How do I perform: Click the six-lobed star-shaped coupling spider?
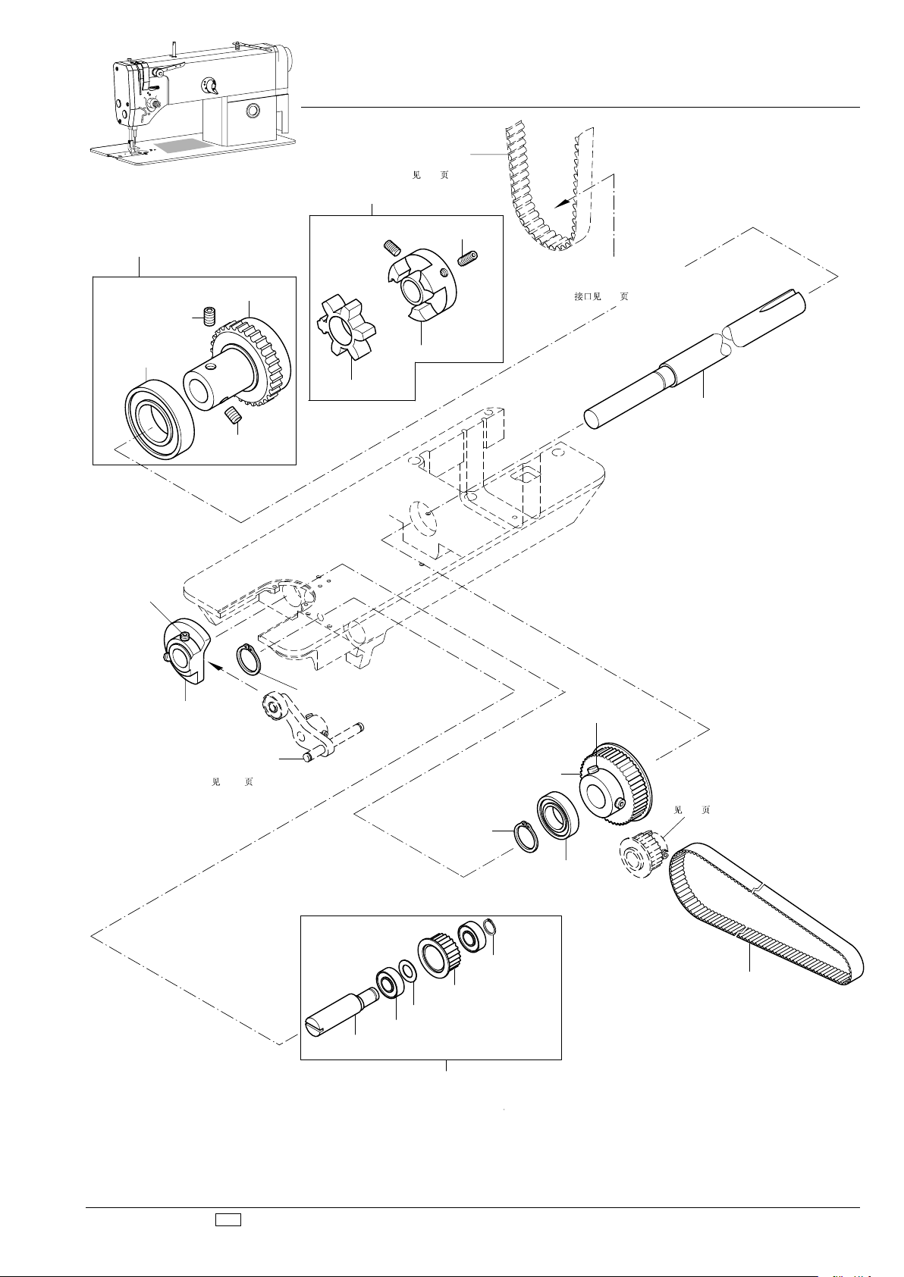coord(346,327)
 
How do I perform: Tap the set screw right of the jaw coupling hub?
coord(468,258)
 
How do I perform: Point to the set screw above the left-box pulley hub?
coord(212,315)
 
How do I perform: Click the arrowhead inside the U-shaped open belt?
coord(563,202)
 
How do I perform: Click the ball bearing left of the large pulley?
coord(558,813)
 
